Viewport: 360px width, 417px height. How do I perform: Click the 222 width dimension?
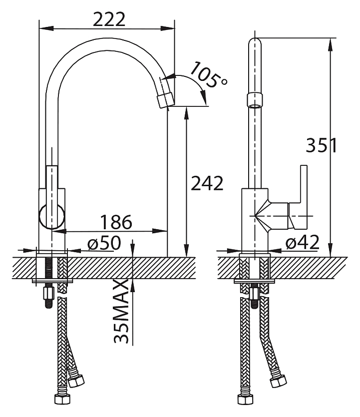(109, 19)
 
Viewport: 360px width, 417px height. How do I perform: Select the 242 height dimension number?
(207, 183)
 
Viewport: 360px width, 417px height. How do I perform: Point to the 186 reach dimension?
(116, 222)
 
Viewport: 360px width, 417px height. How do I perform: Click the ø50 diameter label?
(104, 243)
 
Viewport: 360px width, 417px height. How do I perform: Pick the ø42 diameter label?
(302, 243)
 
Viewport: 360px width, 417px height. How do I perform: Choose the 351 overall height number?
(322, 145)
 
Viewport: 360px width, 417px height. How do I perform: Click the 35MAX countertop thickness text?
(122, 312)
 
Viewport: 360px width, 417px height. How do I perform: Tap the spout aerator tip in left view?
(166, 99)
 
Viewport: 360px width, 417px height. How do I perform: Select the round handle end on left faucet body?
(52, 217)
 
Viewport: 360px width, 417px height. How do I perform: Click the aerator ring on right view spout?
(255, 100)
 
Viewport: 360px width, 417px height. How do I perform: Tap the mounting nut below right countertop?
(255, 293)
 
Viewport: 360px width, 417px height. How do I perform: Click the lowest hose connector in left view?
(62, 399)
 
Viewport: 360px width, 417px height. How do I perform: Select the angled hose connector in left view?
(76, 381)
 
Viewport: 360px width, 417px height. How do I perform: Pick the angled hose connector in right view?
(278, 381)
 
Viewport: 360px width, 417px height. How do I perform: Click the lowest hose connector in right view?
(245, 399)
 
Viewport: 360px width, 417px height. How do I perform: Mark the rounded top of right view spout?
(255, 42)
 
